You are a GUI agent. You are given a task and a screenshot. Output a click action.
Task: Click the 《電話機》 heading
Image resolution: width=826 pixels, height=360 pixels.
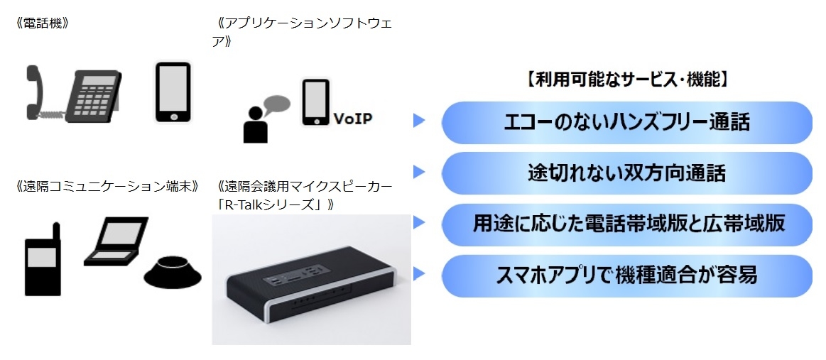[x=43, y=23]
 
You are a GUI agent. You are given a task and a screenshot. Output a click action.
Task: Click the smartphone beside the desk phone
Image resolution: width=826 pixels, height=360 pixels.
[x=173, y=92]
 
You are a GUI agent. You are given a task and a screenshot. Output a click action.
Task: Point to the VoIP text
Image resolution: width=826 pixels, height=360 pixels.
[x=352, y=119]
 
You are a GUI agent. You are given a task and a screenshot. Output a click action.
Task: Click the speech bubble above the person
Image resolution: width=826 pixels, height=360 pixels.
[x=276, y=105]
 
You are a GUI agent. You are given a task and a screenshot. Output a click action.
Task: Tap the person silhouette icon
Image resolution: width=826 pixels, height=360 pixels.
[x=256, y=125]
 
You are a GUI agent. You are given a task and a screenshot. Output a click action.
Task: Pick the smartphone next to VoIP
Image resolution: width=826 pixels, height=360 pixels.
[x=315, y=103]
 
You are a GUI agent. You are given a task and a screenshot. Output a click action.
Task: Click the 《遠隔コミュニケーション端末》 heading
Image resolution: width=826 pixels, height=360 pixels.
[x=108, y=186]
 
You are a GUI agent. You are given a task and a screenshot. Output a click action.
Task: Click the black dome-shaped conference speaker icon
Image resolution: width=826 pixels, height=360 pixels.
[x=173, y=273]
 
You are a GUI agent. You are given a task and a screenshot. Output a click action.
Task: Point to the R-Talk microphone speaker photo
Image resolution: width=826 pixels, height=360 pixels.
[x=311, y=280]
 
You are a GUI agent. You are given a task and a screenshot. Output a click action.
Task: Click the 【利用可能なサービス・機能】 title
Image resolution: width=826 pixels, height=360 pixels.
[x=627, y=80]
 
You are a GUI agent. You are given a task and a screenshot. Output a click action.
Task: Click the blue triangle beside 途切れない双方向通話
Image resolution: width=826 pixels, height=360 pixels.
[x=419, y=172]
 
